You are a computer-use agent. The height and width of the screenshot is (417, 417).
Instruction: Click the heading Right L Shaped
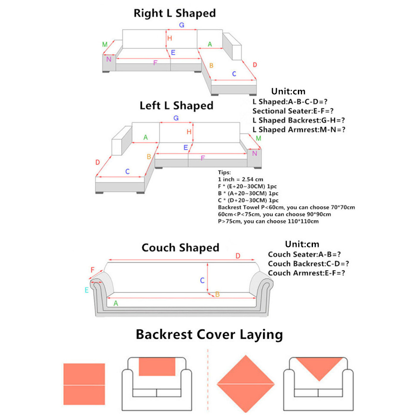(x=174, y=13)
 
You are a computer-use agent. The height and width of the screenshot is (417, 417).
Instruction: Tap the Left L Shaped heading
(x=177, y=106)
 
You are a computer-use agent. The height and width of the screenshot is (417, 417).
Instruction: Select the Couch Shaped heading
(x=180, y=248)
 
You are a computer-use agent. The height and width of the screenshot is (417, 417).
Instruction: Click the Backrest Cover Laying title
(x=209, y=335)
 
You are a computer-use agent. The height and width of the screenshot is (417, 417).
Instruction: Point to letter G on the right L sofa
(x=182, y=25)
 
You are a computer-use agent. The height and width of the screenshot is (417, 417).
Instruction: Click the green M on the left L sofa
(x=258, y=139)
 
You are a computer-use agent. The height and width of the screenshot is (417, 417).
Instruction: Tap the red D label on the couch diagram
(x=238, y=256)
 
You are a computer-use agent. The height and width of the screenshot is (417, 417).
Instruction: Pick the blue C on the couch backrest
(x=202, y=281)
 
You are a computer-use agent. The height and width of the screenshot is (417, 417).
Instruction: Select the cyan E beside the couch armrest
(x=86, y=290)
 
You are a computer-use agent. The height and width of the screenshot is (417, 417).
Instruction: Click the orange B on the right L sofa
(x=211, y=66)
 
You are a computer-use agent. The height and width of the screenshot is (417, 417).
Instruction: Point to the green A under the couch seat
(x=116, y=303)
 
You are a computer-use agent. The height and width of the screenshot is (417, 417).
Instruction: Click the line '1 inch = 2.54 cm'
(x=240, y=179)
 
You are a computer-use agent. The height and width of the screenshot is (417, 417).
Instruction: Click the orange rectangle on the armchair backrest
(x=157, y=366)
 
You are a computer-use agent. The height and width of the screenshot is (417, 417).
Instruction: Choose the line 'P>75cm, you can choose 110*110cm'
(x=269, y=221)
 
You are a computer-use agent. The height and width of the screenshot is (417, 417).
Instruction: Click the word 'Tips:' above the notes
(x=224, y=172)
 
